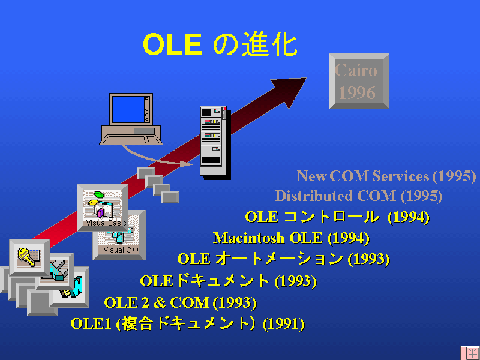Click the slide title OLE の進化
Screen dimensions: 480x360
[220, 44]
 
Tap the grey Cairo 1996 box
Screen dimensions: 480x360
[359, 81]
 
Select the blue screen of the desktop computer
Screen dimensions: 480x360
[128, 109]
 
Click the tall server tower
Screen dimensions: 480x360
[215, 142]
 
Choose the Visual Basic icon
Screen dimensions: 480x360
[103, 208]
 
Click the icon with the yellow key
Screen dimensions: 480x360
[29, 258]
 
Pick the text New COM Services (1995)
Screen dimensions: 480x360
[386, 176]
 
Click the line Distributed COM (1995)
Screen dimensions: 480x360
[358, 196]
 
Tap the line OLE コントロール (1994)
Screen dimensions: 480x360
[337, 217]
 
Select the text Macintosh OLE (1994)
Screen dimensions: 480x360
[291, 238]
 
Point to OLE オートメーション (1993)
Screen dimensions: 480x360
[283, 259]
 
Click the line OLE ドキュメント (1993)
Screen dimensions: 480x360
[229, 281]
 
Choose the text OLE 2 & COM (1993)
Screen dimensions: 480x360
[181, 302]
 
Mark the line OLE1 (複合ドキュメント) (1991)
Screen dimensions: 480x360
[188, 323]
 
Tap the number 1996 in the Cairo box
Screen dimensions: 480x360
[357, 92]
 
